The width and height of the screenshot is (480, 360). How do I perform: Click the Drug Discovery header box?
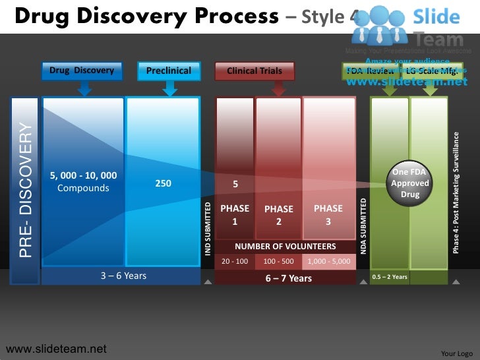tap(82, 71)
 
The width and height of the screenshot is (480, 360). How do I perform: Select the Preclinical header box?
tap(169, 71)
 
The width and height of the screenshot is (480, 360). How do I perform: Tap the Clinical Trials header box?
tap(255, 71)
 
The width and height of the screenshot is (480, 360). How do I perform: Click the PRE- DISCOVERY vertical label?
tap(25, 190)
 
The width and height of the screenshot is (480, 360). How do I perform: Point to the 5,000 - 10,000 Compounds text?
tap(83, 181)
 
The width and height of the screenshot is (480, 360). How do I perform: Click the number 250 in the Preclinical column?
tap(163, 183)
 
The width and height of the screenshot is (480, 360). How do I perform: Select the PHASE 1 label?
tap(235, 215)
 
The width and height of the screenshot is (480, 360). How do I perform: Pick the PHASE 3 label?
tap(328, 215)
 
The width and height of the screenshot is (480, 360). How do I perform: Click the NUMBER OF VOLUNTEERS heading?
tap(285, 247)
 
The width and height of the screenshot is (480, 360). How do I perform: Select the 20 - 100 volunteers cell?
tap(235, 262)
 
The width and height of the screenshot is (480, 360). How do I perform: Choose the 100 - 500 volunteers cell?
tap(279, 262)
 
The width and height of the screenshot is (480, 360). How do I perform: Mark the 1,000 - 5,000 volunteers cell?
tap(328, 262)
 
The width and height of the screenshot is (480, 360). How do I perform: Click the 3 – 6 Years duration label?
tap(123, 276)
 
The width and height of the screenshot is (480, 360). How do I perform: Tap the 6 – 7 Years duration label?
tap(288, 278)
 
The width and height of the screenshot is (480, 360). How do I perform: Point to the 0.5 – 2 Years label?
tap(390, 277)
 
